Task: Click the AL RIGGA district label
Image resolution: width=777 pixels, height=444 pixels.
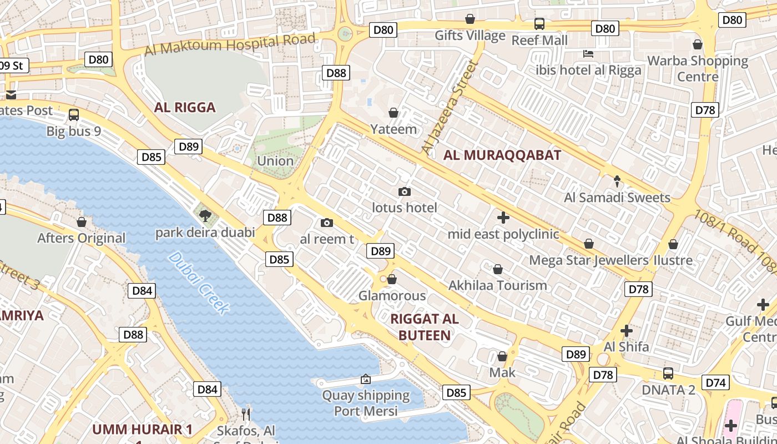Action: coord(185,107)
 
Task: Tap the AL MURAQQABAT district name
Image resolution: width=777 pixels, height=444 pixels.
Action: coord(502,155)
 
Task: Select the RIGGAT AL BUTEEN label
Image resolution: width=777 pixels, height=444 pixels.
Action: coord(425,327)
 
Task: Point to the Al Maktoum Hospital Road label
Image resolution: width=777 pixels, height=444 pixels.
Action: coord(230,44)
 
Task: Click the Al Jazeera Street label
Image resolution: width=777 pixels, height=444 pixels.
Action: coord(450,108)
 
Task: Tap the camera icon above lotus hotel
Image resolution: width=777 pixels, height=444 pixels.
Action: coord(405,191)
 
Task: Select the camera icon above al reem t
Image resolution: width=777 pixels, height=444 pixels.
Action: coord(327,223)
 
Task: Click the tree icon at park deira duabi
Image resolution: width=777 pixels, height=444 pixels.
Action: coord(205,215)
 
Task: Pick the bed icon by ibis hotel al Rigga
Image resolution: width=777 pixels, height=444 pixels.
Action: coord(588,54)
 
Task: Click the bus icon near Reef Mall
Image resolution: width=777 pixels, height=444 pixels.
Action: coord(539,23)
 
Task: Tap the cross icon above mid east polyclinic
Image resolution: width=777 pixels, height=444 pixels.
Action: coord(503,217)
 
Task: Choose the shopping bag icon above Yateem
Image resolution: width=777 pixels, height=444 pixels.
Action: coord(393,113)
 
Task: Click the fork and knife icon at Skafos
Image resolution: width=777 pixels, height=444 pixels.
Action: coord(246,414)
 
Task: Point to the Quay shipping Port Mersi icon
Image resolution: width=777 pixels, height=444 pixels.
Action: coord(366,380)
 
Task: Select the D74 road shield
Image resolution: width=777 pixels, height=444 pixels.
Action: coord(716,382)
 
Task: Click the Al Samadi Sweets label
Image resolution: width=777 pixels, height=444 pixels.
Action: coord(617,198)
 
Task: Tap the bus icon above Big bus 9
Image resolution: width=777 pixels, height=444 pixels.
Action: coord(74,115)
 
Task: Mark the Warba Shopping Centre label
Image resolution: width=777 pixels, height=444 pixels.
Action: coord(698,68)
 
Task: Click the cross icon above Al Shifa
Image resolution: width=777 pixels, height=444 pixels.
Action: coord(627,331)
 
